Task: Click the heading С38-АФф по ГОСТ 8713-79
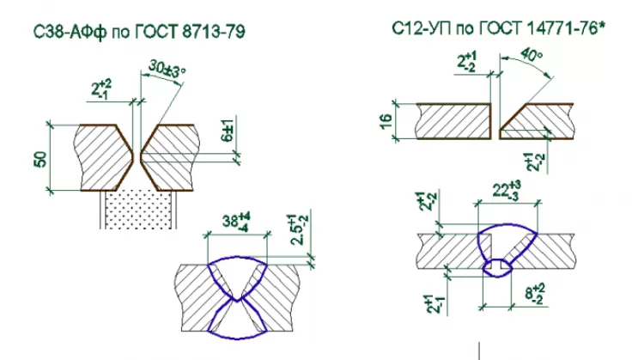click(x=139, y=31)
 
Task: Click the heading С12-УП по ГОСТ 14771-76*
click(x=499, y=28)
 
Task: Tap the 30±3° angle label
click(x=167, y=68)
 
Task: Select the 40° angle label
click(x=531, y=55)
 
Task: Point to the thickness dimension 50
click(x=40, y=160)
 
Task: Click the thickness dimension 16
click(x=386, y=121)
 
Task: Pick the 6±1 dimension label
click(x=228, y=131)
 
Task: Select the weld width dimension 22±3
click(x=507, y=190)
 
